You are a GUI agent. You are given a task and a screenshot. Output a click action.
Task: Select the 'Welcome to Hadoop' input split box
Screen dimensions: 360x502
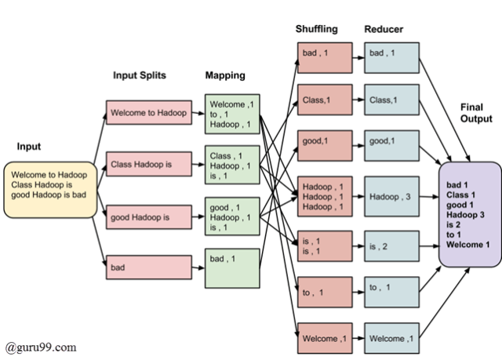click(x=149, y=113)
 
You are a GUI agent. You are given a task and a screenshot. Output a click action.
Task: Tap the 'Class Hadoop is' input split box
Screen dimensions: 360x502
click(x=149, y=164)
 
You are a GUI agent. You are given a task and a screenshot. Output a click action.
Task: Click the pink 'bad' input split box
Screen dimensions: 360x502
click(x=149, y=267)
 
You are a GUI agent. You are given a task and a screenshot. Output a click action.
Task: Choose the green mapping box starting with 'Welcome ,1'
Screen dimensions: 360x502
click(x=231, y=114)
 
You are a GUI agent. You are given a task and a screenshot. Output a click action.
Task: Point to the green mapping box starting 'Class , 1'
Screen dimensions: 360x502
click(x=231, y=166)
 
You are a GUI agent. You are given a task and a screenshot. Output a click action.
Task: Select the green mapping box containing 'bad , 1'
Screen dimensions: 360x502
click(x=231, y=268)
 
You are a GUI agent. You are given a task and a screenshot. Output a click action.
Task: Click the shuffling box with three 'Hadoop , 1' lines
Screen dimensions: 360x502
click(x=325, y=196)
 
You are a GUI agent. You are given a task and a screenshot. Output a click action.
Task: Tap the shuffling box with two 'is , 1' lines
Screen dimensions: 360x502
click(x=325, y=247)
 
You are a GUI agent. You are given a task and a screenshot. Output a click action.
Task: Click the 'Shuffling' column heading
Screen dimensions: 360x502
click(x=316, y=29)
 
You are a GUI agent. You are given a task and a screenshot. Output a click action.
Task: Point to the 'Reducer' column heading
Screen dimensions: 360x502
click(x=384, y=29)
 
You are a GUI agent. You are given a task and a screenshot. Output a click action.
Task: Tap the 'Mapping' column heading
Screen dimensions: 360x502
click(x=225, y=76)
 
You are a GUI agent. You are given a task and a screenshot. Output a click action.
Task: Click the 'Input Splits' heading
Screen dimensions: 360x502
click(x=140, y=76)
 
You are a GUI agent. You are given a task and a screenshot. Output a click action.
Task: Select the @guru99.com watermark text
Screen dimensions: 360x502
click(x=40, y=346)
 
